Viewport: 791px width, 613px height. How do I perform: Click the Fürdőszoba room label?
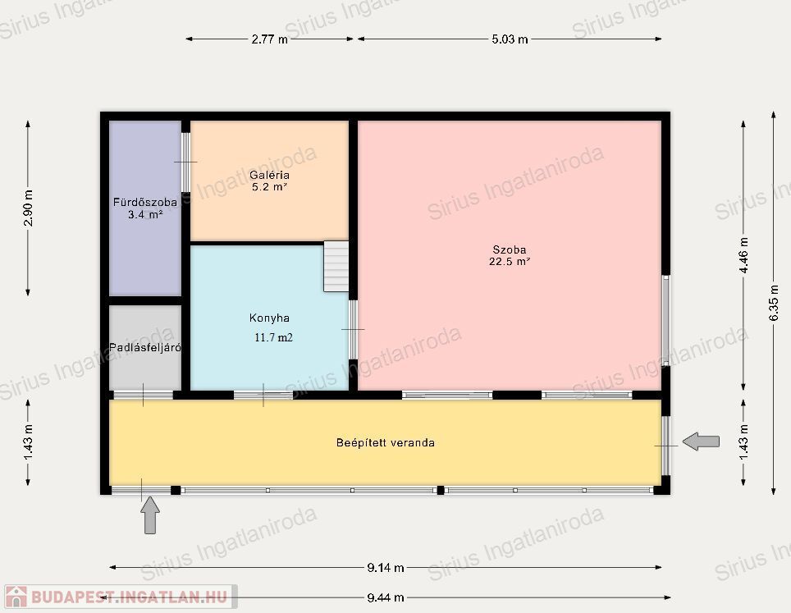click(145, 203)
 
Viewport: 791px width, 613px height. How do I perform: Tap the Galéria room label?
click(269, 175)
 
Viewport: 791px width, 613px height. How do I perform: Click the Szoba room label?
click(509, 249)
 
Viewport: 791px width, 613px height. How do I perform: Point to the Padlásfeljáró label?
click(145, 347)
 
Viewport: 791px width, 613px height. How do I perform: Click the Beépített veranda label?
click(386, 442)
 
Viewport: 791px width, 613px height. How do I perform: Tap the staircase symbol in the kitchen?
click(336, 267)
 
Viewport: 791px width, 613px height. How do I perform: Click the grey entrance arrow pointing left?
click(701, 441)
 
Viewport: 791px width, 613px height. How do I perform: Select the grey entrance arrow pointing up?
click(150, 515)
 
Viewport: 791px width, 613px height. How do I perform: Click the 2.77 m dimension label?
click(269, 39)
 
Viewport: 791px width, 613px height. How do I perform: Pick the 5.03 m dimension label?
click(510, 39)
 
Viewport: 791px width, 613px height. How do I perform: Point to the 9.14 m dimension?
click(386, 568)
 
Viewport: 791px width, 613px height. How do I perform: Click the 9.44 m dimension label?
click(386, 598)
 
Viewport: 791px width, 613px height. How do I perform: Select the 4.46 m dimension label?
click(743, 254)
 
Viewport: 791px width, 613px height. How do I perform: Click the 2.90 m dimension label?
click(28, 208)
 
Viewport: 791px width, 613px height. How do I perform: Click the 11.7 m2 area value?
click(273, 337)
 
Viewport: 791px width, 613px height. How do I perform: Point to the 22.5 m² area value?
click(509, 261)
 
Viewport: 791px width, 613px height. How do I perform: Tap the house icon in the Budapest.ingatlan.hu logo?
click(16, 597)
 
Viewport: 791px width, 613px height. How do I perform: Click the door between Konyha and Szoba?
click(353, 329)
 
